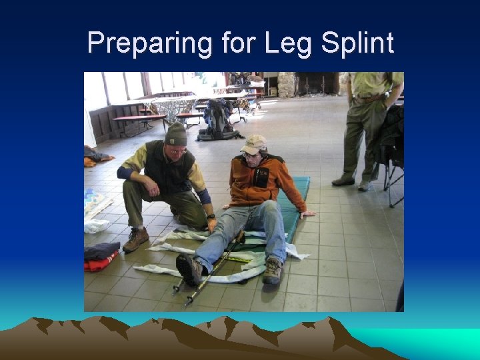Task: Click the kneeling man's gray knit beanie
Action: click(x=176, y=134)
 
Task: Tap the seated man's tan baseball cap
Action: click(x=253, y=143)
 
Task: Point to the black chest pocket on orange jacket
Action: click(x=261, y=177)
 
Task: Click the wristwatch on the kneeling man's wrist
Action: click(x=211, y=217)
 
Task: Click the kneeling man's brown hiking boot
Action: click(x=136, y=239)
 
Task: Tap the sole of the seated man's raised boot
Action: click(x=189, y=269)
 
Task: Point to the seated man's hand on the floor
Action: click(x=307, y=215)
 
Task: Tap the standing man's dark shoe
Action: click(x=343, y=181)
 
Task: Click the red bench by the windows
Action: click(x=140, y=119)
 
